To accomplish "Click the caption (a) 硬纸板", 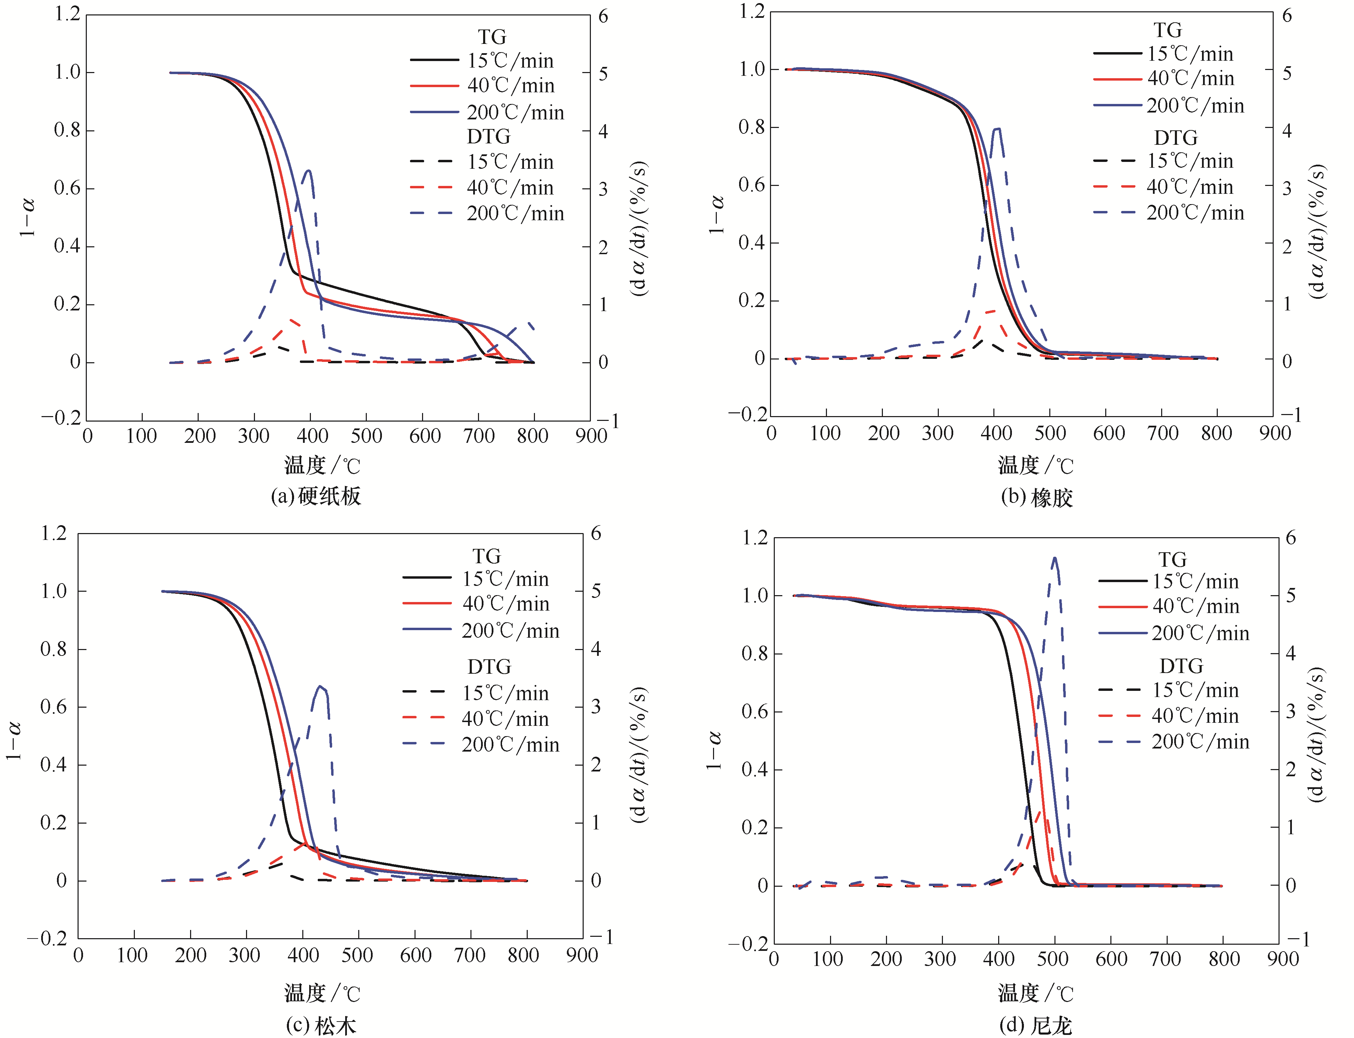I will (316, 496).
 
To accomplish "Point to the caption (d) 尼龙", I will (1035, 1026).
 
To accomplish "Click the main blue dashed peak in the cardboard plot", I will (308, 171).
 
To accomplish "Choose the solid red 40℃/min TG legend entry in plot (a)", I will (482, 86).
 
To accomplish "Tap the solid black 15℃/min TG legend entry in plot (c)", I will (476, 579).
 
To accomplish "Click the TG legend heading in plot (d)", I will (1172, 560).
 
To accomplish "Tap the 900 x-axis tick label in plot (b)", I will (1275, 433).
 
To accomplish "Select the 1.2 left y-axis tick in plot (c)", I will (54, 533).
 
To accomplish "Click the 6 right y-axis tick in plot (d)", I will (1290, 538).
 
